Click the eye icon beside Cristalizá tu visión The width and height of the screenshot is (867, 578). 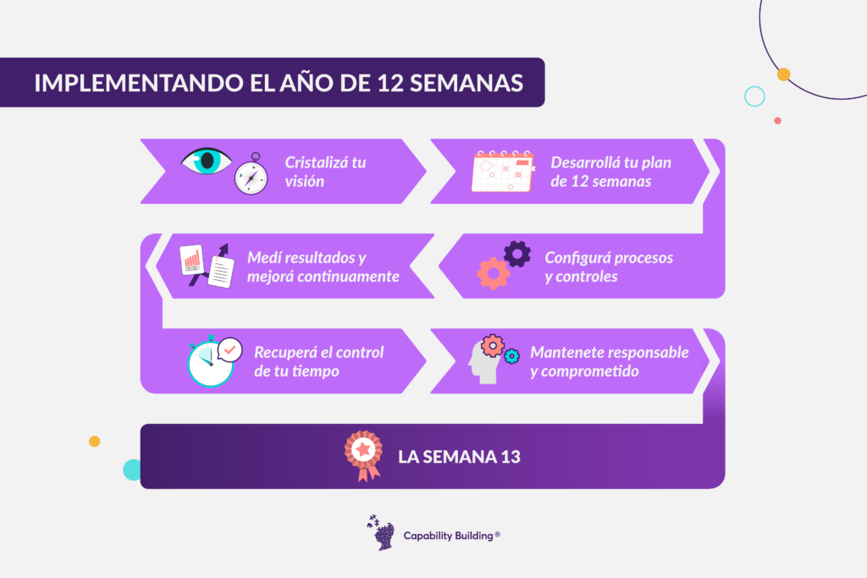tap(206, 161)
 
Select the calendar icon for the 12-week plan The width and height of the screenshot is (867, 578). tap(503, 171)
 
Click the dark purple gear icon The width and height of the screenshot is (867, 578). tap(517, 254)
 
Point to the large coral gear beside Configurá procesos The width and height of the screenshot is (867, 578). tap(494, 273)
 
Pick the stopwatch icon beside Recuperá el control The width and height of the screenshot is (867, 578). tap(210, 362)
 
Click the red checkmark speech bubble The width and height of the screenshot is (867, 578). tap(230, 350)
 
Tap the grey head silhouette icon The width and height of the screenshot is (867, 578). tap(483, 362)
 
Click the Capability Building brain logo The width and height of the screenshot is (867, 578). tap(381, 532)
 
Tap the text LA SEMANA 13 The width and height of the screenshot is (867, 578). tap(459, 457)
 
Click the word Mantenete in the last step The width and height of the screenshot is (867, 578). tap(562, 352)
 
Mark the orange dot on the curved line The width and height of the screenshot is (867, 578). tap(783, 74)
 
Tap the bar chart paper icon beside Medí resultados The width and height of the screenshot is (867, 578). tap(192, 260)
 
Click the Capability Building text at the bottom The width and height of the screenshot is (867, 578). tap(452, 536)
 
